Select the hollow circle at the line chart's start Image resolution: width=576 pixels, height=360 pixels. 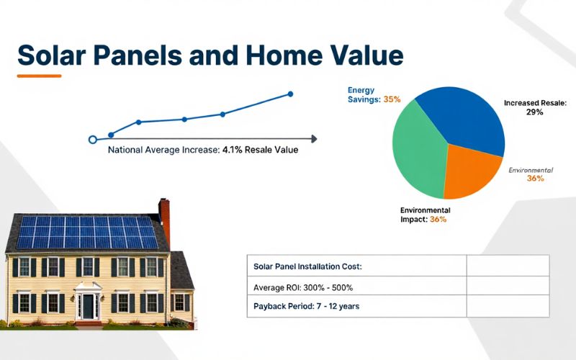point(91,140)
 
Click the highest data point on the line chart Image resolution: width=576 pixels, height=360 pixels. point(291,94)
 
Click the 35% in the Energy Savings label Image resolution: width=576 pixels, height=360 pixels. point(392,99)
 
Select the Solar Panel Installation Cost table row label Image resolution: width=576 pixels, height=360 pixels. point(307,266)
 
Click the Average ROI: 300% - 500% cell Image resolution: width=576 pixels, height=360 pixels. point(303,287)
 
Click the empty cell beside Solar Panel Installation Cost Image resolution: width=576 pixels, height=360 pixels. point(508,266)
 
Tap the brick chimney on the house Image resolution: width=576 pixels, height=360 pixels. point(164,213)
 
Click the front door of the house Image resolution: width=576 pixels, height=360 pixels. point(89,306)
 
